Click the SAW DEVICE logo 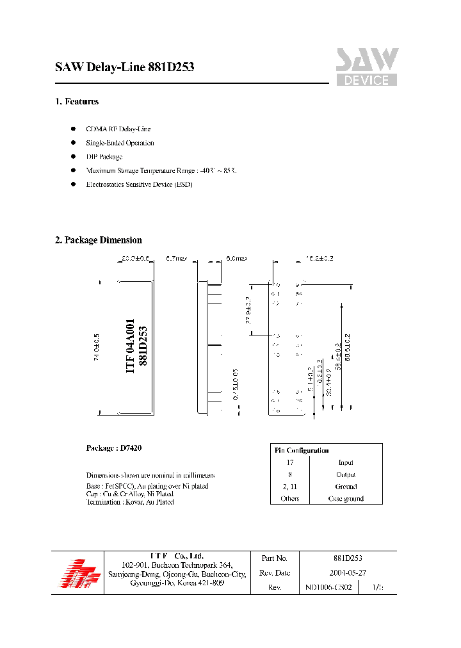367,67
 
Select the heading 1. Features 77,102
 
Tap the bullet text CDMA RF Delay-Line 118,129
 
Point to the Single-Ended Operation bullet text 120,143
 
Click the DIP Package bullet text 104,157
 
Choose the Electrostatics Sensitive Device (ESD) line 139,184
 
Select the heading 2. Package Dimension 99,240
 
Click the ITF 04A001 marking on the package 130,346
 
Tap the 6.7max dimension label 175,259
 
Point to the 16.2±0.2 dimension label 320,259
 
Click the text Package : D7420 114,448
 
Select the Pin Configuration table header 302,450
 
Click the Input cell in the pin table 346,462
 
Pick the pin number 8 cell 290,474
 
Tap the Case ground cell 346,498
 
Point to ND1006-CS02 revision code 328,587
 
